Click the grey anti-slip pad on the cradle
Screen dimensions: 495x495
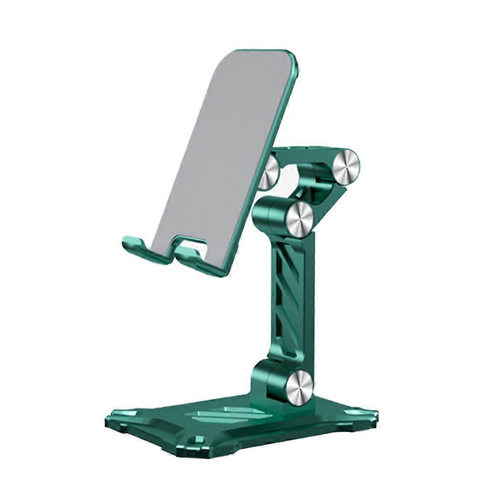point(227,145)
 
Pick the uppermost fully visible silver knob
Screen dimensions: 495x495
point(346,167)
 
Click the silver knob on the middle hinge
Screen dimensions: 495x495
point(300,220)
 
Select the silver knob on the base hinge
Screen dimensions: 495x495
point(299,387)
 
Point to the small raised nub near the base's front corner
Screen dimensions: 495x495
point(198,440)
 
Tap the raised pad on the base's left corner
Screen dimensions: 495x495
point(123,413)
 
